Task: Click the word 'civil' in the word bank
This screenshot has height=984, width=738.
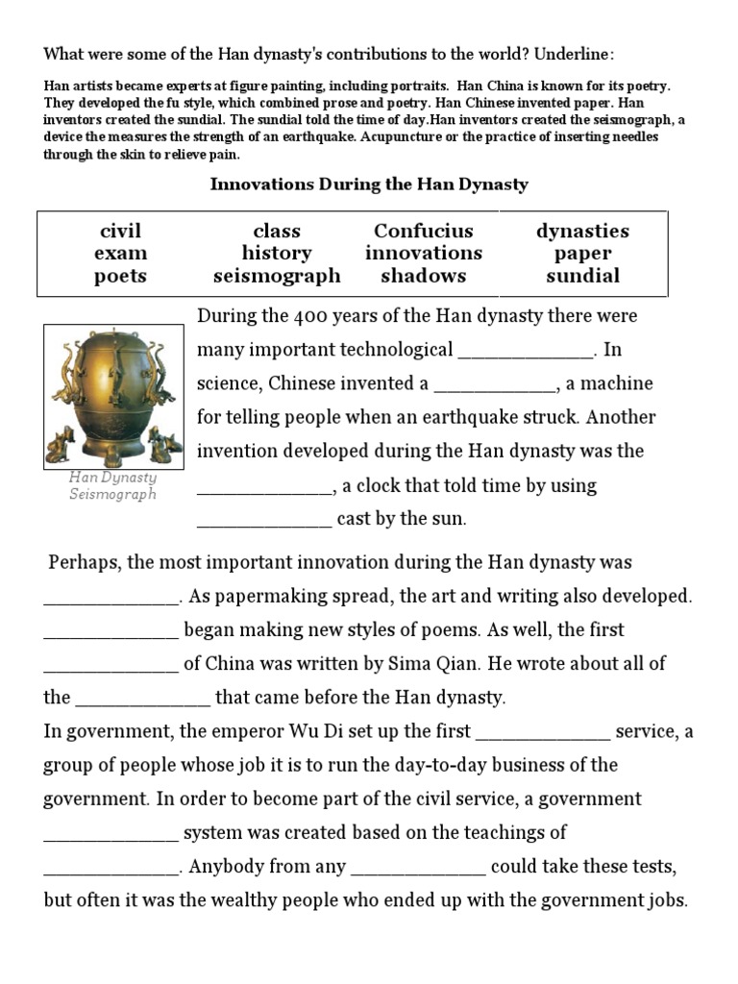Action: point(120,232)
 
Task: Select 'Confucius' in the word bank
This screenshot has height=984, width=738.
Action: point(423,232)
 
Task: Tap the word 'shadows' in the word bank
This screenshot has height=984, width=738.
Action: point(423,277)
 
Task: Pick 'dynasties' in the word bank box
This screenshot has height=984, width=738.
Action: point(582,232)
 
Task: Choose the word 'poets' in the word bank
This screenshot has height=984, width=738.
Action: point(120,277)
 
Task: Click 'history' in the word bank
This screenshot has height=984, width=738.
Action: point(277,254)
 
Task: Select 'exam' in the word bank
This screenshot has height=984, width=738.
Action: point(120,254)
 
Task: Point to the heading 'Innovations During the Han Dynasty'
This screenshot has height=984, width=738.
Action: point(369,184)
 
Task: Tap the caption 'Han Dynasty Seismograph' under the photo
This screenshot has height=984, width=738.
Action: point(112,485)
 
